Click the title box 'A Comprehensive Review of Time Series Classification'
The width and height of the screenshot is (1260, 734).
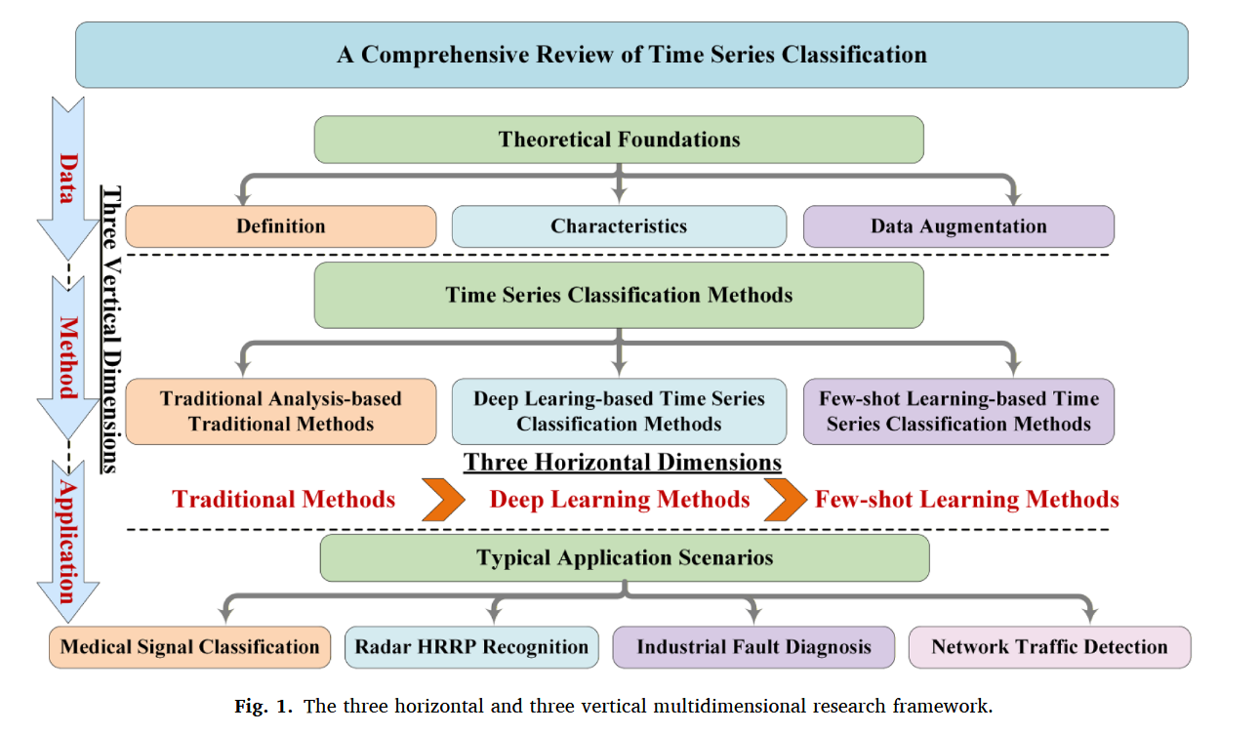pos(631,55)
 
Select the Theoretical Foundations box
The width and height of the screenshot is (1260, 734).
pos(619,140)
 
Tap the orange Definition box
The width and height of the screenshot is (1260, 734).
pos(281,226)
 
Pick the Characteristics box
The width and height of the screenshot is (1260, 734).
pos(619,226)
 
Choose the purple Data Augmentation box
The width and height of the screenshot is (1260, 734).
pos(958,226)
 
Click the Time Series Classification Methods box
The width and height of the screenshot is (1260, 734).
pos(619,295)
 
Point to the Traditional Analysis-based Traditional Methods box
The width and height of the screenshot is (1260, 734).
pos(281,412)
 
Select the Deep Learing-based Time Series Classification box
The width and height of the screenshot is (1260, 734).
pos(619,412)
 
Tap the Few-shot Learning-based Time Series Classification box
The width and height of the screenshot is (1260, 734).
pos(958,412)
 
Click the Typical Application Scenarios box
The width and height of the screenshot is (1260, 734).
pos(625,558)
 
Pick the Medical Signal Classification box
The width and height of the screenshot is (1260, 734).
pos(190,647)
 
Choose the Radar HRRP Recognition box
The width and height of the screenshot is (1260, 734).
pos(471,647)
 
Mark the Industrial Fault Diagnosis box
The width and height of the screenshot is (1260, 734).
pos(753,647)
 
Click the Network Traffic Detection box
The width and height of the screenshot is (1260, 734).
pos(1049,647)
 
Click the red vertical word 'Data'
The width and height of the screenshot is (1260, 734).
pos(68,178)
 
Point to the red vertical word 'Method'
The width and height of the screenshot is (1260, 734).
pos(68,357)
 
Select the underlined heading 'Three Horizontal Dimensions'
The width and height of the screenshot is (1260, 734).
pos(623,462)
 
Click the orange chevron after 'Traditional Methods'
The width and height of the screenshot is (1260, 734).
pos(443,500)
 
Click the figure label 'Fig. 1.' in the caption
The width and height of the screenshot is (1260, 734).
pos(263,707)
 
